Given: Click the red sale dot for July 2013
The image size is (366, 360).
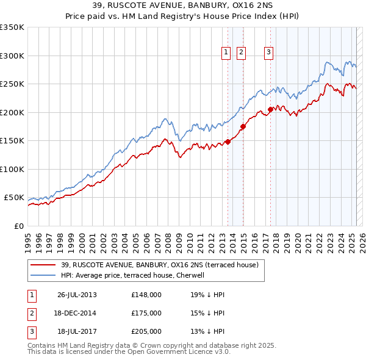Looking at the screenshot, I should pos(228,142).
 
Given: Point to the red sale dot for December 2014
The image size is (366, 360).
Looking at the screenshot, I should pos(243,126).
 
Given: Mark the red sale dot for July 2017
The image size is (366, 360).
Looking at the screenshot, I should pos(271,110).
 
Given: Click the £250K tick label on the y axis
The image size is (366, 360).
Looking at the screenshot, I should pos(12,84).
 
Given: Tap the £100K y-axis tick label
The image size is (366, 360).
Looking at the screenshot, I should pos(12,169).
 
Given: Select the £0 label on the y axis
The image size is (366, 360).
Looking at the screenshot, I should pos(18,226).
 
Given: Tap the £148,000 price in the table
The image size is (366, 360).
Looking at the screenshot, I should pos(146,295).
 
